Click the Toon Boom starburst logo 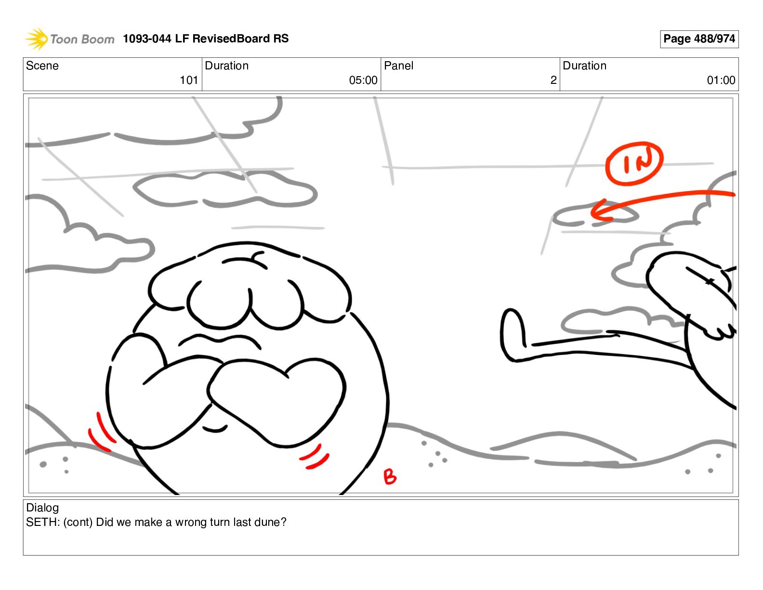click(37, 39)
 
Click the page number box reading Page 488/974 click(699, 39)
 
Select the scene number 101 click(189, 80)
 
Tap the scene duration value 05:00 click(363, 80)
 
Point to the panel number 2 click(553, 80)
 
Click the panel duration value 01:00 click(721, 80)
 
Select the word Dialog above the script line click(42, 508)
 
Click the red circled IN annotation click(634, 163)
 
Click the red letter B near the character click(389, 477)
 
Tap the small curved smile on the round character click(215, 429)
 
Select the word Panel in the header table click(398, 66)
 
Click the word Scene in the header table click(42, 66)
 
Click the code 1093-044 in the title click(147, 39)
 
